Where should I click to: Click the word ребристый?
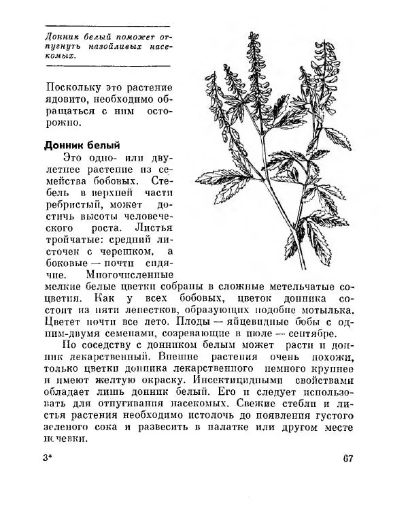[73, 204]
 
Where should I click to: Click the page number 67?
[347, 457]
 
